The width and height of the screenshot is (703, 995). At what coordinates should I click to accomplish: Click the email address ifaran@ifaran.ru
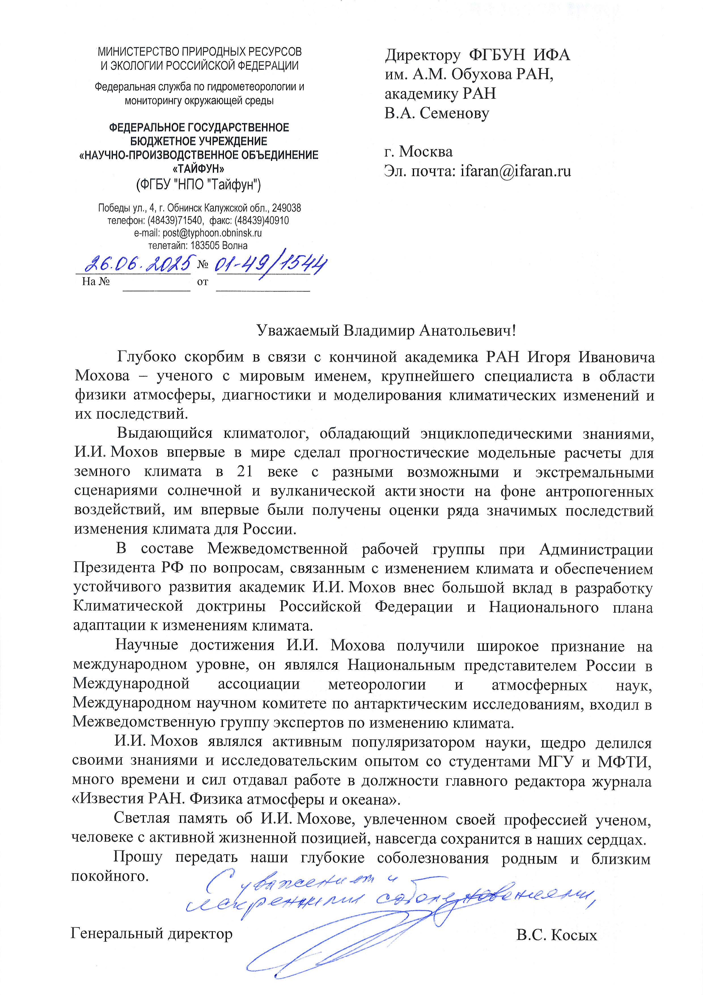coord(515,171)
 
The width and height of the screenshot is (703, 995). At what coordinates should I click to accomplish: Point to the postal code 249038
coord(286,208)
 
